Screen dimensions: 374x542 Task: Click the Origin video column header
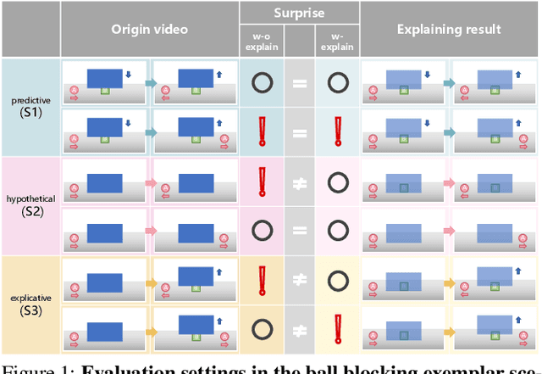[149, 29]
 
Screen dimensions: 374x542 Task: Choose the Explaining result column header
[449, 29]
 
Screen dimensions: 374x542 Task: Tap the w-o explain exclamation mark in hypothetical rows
[262, 182]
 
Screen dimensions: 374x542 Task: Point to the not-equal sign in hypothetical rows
[298, 182]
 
